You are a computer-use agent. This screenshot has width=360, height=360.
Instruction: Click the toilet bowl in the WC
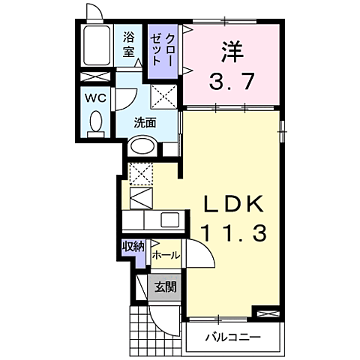(94, 123)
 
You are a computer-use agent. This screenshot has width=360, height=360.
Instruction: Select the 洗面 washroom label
(145, 123)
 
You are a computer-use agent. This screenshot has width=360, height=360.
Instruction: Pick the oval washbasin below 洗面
(141, 148)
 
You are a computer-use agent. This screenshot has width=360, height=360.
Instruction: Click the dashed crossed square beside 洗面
(163, 96)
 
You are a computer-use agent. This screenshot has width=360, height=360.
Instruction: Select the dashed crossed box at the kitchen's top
(141, 174)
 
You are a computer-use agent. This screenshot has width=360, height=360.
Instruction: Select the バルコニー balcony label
(233, 337)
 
